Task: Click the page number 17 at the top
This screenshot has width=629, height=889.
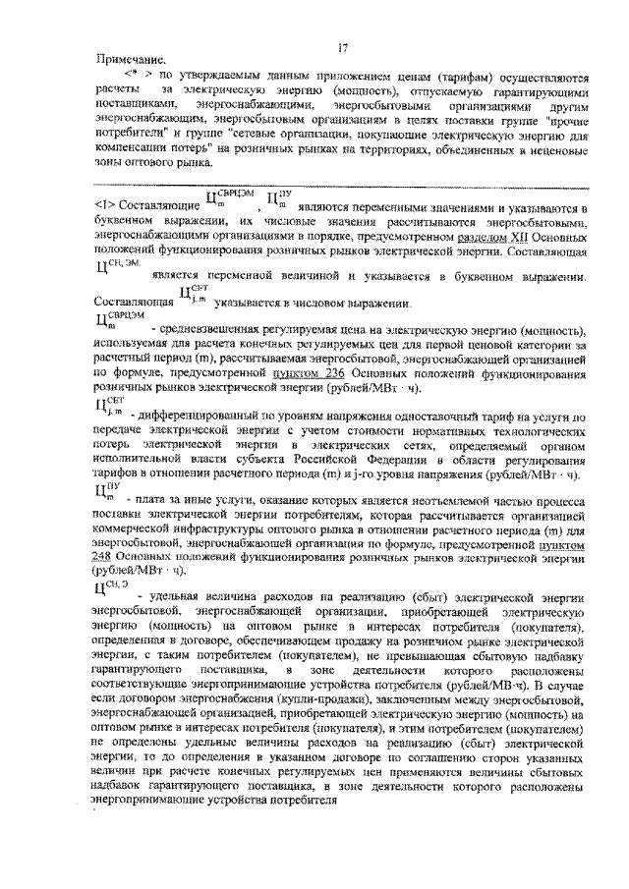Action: [x=343, y=48]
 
